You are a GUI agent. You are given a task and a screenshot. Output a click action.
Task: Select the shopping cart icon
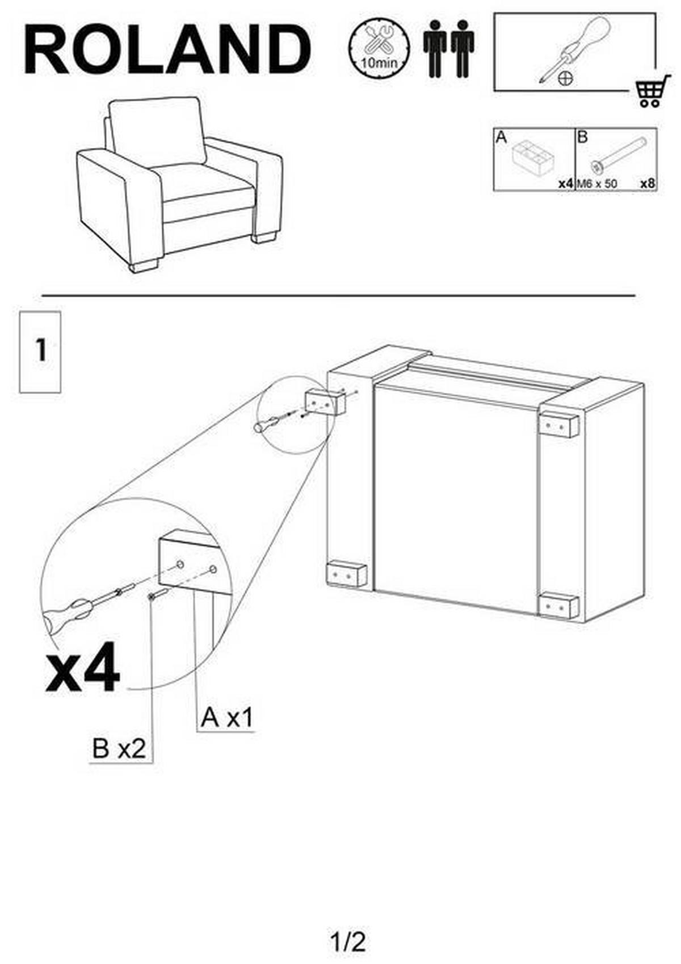[653, 91]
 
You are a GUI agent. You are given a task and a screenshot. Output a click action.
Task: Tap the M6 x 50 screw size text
[597, 184]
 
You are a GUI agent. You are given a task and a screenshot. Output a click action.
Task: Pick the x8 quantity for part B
[647, 183]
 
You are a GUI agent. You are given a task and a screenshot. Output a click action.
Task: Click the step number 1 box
[40, 352]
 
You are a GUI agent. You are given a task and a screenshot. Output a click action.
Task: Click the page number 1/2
[348, 927]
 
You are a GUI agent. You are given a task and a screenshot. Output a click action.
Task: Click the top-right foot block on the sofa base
[557, 425]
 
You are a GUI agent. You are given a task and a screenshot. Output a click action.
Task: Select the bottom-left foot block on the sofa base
[347, 574]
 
